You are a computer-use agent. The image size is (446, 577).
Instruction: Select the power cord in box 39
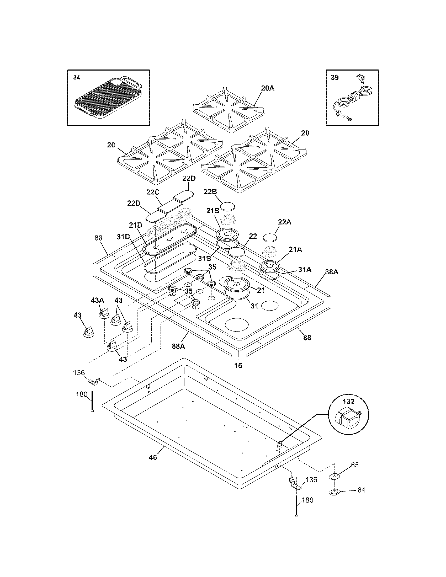tap(354, 100)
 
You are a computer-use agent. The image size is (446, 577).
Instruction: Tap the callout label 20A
tap(268, 88)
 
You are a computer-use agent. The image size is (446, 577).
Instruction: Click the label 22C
tap(153, 192)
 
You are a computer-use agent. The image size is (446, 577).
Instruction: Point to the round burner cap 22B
tap(228, 206)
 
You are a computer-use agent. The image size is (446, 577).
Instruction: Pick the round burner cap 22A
tap(270, 237)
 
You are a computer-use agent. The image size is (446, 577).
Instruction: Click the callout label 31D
tap(123, 237)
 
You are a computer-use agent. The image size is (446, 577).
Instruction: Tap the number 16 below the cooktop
tap(238, 366)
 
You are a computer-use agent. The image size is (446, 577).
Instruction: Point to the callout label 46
tap(153, 457)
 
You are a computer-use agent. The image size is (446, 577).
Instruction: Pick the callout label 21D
tap(136, 225)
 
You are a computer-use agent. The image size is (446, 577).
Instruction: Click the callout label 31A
tap(305, 269)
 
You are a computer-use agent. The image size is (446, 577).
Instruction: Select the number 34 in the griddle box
tap(76, 78)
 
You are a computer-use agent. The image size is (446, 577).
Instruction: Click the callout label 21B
tap(213, 211)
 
